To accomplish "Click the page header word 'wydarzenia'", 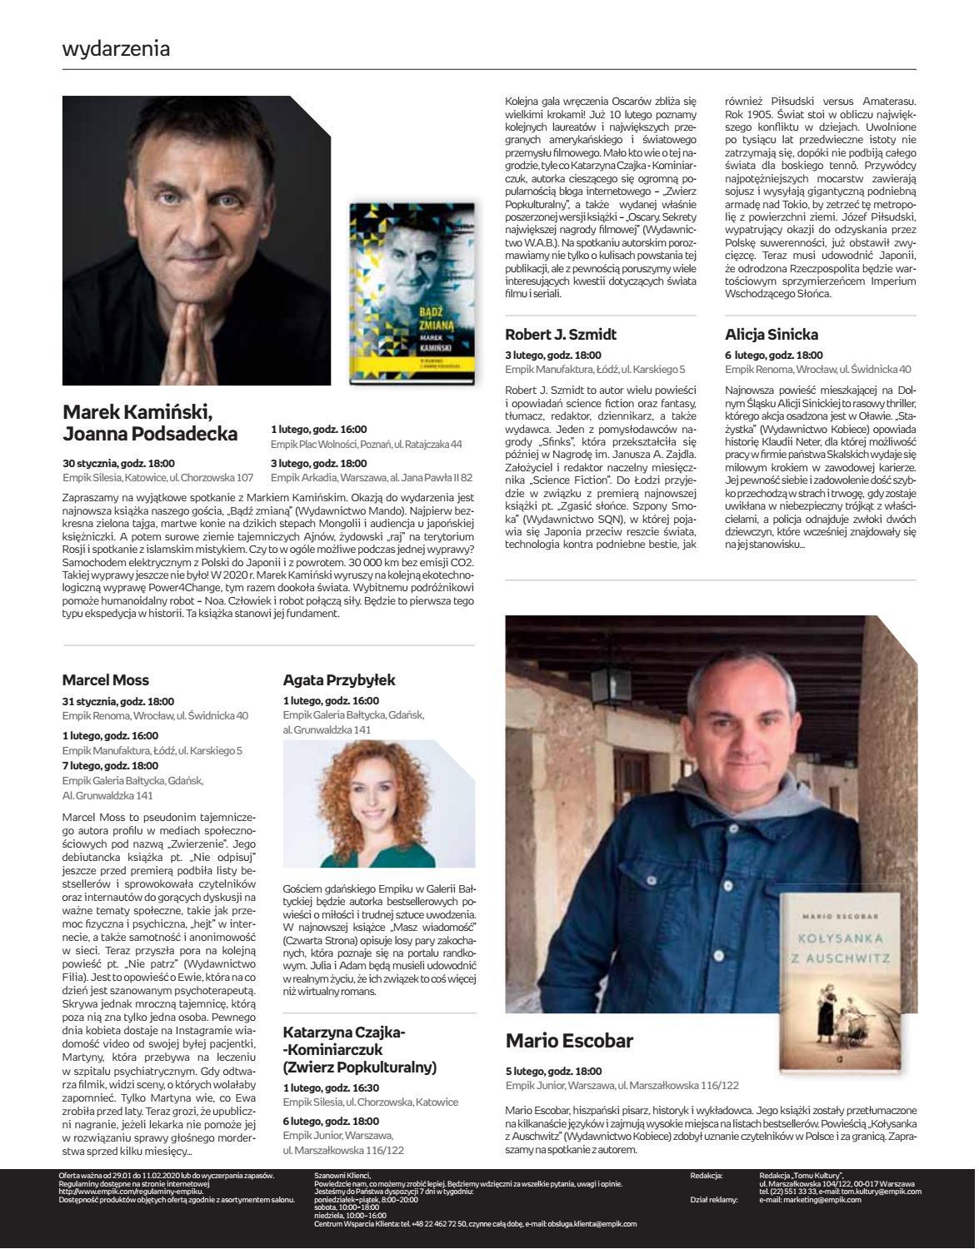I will tap(116, 48).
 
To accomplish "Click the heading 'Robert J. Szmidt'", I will tap(561, 335).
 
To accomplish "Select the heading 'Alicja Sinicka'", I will tap(772, 335).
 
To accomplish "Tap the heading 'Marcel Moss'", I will tap(106, 680).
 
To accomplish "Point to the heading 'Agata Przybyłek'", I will tap(339, 680).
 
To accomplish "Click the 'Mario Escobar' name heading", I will tap(569, 1041).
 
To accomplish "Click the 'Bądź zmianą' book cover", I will tap(412, 293).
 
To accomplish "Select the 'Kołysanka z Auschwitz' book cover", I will tap(840, 981).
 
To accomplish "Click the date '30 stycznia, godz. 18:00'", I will tap(118, 463).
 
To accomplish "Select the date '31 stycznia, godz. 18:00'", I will tap(118, 701).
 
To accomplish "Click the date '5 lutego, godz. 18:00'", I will tap(553, 1071).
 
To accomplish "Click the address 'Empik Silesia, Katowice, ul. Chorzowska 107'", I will tap(157, 478).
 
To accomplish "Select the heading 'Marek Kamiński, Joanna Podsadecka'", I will tap(150, 423).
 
